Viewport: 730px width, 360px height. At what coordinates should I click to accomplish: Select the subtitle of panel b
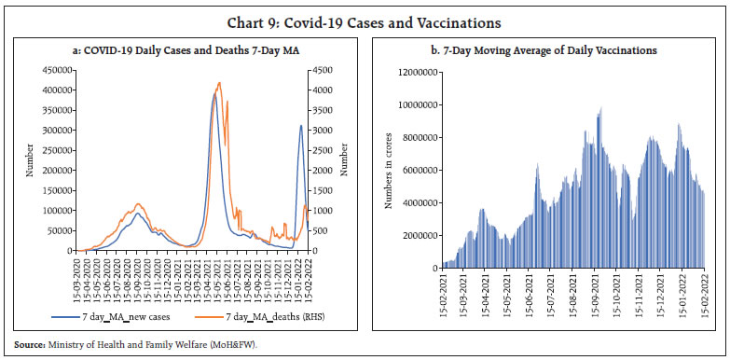[x=546, y=48]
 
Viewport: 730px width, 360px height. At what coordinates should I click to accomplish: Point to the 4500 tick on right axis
[x=322, y=69]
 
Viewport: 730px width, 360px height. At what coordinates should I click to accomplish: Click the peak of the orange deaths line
[x=219, y=83]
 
